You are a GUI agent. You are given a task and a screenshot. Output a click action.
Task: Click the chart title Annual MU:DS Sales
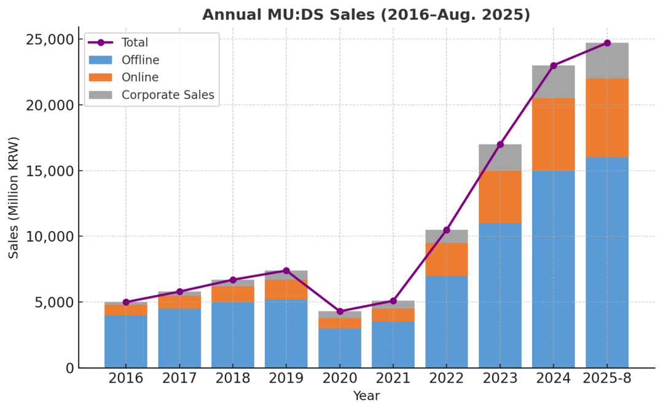366,15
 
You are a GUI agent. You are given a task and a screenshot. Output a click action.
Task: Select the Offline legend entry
140,60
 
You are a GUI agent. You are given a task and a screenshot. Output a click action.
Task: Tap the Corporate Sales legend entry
167,95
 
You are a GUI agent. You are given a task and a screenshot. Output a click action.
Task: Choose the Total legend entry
135,43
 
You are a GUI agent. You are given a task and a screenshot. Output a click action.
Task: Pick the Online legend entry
139,77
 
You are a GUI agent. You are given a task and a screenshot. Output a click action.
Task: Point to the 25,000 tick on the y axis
52,40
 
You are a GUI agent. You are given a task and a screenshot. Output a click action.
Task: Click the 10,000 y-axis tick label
52,237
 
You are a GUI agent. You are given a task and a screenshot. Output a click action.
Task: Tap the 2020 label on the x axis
340,378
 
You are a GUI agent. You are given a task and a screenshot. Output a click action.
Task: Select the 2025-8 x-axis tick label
607,378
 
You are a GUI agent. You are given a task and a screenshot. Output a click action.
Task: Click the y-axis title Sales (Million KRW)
14,197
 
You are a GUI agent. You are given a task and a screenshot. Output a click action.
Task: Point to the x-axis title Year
366,396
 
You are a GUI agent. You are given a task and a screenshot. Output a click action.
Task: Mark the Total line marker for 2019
286,271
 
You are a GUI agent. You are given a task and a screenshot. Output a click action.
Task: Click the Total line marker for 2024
554,66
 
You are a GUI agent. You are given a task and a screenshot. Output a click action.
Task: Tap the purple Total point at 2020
340,311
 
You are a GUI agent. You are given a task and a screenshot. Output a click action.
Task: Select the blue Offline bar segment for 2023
500,295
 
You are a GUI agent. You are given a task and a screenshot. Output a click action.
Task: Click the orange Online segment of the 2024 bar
554,135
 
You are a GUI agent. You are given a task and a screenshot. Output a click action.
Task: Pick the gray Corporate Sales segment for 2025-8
607,61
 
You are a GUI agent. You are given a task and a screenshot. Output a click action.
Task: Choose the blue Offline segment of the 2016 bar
126,341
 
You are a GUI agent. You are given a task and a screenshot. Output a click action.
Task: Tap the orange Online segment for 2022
447,259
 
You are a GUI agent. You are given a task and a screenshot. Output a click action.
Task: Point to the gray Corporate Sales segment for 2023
500,157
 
